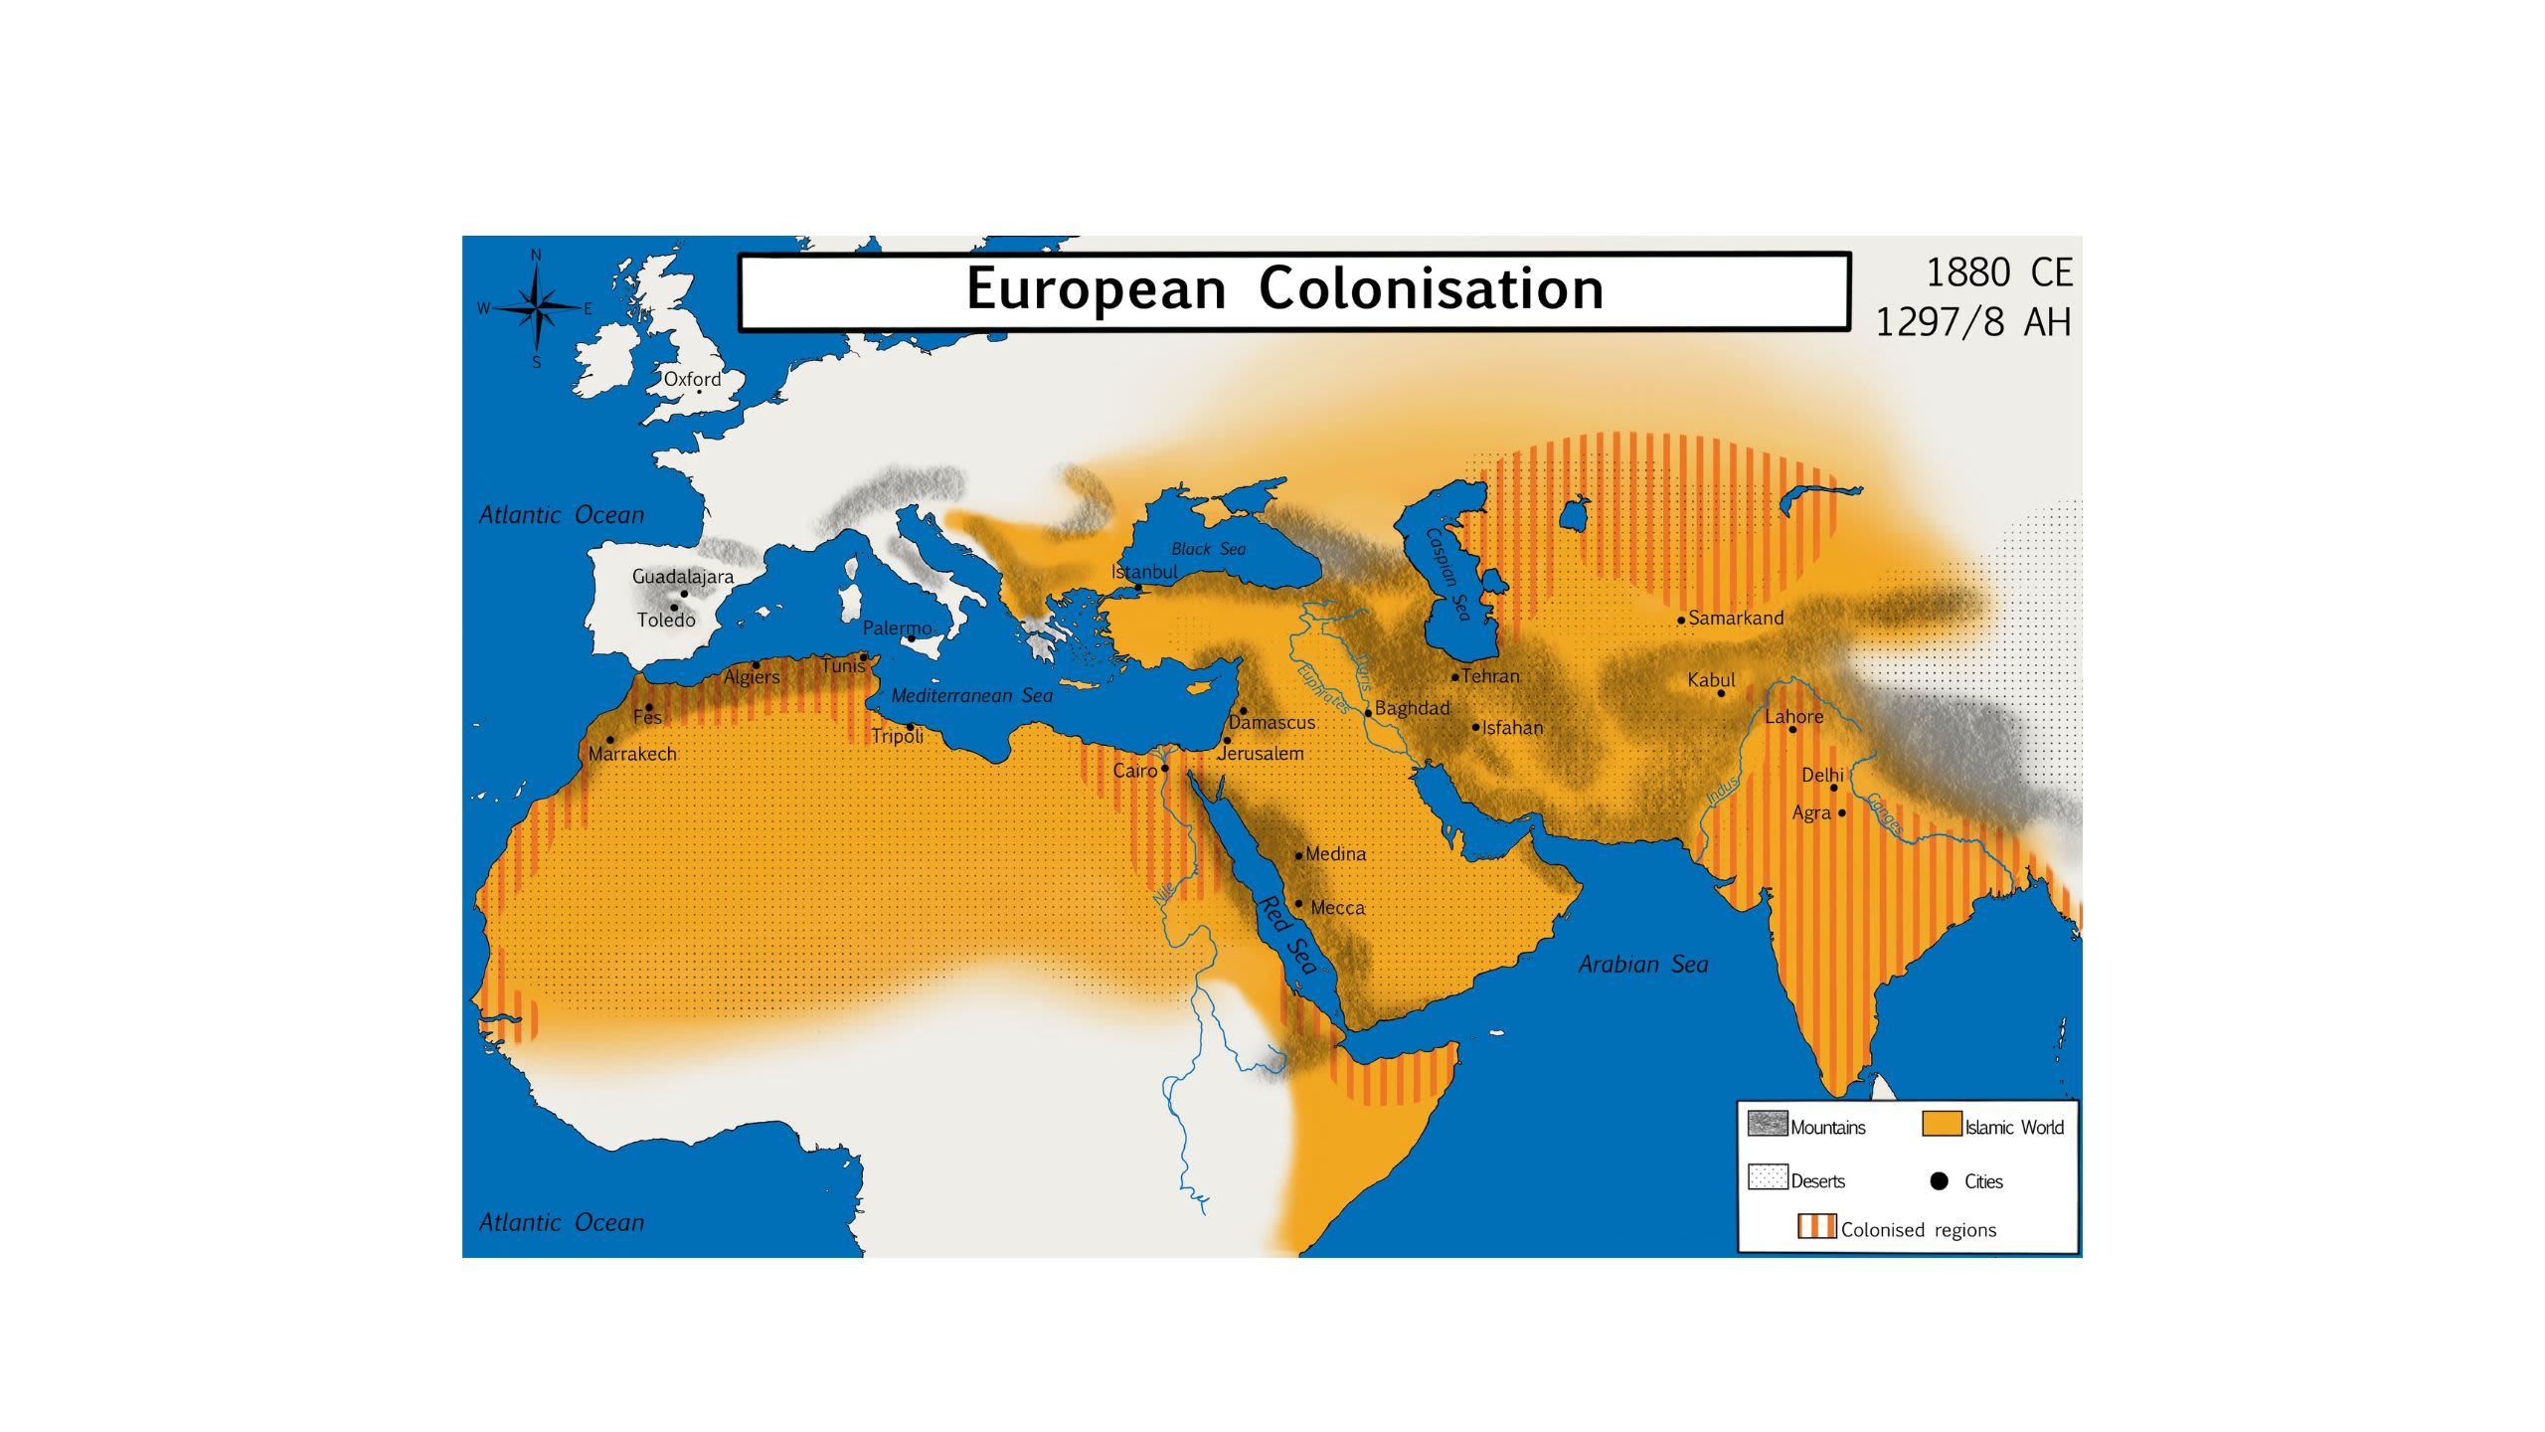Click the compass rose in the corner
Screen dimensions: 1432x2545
(x=537, y=308)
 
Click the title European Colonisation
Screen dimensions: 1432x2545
(x=1284, y=289)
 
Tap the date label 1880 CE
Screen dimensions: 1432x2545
(x=1998, y=272)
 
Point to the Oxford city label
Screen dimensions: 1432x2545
(x=692, y=379)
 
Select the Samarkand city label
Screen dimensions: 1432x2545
(x=1736, y=618)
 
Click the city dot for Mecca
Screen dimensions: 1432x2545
(x=1298, y=904)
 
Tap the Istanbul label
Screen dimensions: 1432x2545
(x=1144, y=572)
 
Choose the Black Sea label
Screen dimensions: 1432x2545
(x=1208, y=549)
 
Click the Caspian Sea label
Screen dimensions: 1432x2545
(x=1447, y=575)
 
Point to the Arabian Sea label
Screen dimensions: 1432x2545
(x=1643, y=964)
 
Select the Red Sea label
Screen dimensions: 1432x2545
(x=1288, y=935)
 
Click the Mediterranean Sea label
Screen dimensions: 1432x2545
(x=971, y=695)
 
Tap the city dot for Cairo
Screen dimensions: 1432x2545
(x=1165, y=769)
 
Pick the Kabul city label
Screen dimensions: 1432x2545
(x=1711, y=680)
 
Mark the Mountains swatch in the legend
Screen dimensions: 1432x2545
(x=1768, y=1124)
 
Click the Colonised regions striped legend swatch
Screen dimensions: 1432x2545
(x=1816, y=1226)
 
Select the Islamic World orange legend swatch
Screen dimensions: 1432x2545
(x=1942, y=1124)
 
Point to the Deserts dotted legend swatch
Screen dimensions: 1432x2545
(x=1768, y=1177)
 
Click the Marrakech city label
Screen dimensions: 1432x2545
(x=632, y=754)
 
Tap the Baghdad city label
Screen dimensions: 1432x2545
(x=1412, y=708)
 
